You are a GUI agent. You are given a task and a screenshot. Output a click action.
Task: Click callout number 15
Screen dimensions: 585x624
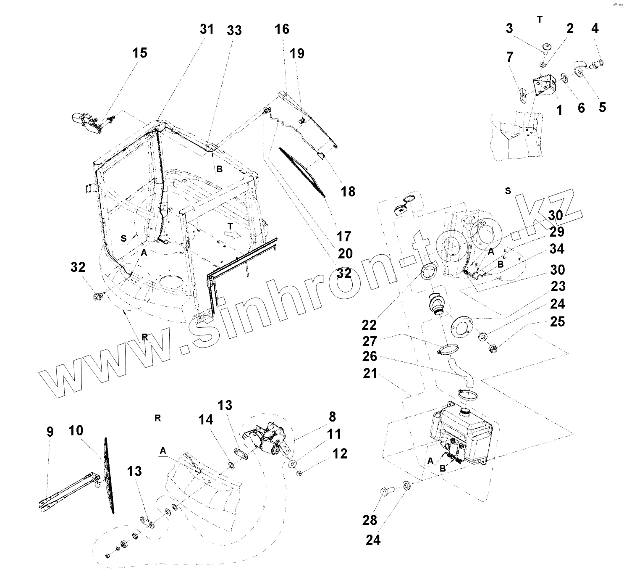point(140,53)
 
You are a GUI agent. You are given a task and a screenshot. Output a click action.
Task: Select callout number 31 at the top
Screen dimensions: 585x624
point(207,29)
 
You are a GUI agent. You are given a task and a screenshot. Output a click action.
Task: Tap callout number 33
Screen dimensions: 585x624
point(234,30)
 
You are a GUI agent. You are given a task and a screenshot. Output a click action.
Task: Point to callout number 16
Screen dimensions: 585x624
point(282,29)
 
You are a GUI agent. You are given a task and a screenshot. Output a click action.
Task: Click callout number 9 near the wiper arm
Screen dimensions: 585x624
point(50,432)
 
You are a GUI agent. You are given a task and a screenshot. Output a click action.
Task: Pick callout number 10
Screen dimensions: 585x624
point(76,430)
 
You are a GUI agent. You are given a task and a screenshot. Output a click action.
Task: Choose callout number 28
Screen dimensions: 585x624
point(370,520)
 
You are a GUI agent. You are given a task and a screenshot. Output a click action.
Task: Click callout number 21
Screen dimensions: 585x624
point(370,373)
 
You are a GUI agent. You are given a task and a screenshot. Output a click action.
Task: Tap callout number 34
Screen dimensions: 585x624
point(557,249)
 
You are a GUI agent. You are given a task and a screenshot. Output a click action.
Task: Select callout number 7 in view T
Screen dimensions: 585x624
point(510,56)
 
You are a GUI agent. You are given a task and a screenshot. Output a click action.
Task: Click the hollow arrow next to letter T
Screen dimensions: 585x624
point(230,234)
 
